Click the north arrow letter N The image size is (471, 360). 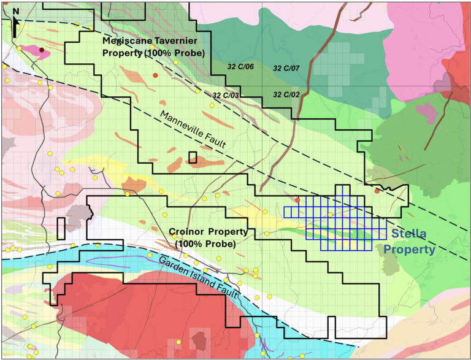[15, 10]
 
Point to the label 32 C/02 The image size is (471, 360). [286, 94]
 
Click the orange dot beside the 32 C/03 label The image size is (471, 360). [156, 74]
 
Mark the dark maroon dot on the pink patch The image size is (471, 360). [41, 50]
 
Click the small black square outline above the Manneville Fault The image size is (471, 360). [193, 158]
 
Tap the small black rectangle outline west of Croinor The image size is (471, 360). [61, 229]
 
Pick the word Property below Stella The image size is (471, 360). [410, 250]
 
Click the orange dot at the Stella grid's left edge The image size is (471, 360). [297, 200]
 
